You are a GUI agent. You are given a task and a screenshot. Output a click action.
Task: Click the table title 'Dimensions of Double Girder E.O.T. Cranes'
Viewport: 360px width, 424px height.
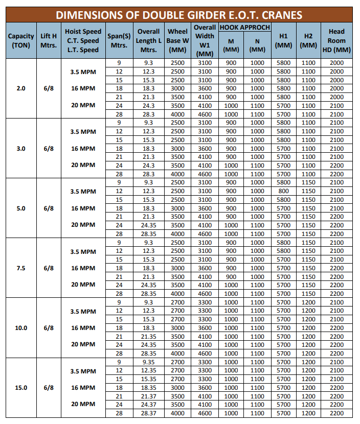[179, 15]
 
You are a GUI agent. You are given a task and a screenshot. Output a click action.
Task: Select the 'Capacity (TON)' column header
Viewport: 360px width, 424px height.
[21, 40]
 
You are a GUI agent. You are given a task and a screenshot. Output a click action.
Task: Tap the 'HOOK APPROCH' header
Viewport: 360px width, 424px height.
[244, 27]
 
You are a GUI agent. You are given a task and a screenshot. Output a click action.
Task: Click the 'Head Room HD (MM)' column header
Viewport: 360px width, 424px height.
[336, 40]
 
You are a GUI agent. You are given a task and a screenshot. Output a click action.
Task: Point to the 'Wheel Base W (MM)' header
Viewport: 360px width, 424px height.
[177, 40]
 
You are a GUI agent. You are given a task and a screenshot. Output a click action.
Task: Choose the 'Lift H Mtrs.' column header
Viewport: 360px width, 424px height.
[49, 40]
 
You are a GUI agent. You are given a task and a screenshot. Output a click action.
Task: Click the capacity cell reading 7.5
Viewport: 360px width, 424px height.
[21, 268]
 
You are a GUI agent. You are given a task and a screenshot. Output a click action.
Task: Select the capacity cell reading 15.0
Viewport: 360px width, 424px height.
[21, 387]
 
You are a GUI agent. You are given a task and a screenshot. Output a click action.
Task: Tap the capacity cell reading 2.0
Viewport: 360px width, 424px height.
[21, 88]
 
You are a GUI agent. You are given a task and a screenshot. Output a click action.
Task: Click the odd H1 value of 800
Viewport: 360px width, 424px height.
[283, 191]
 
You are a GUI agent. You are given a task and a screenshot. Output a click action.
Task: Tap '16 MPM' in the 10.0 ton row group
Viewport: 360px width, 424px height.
[83, 327]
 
